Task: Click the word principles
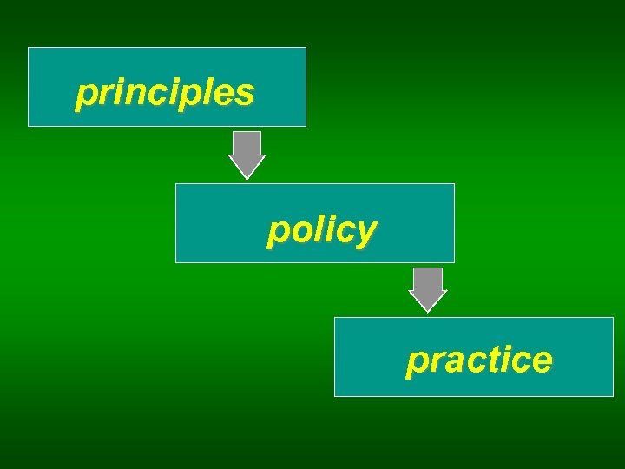point(165,93)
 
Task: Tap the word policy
point(322,230)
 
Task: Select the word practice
point(478,359)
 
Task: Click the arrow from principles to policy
point(247,155)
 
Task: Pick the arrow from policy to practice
point(427,289)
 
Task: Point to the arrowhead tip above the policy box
point(247,178)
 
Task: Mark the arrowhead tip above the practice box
point(427,312)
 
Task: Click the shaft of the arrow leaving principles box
point(247,143)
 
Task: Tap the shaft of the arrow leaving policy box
point(427,279)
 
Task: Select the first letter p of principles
point(85,95)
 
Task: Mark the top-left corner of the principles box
point(29,48)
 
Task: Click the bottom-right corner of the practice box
point(613,396)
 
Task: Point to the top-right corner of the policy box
point(454,184)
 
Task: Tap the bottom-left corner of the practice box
point(335,396)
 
